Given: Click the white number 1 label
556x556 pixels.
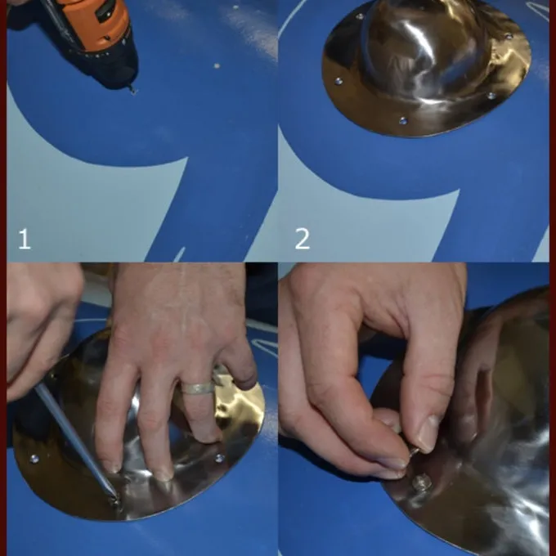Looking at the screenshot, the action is (x=24, y=239).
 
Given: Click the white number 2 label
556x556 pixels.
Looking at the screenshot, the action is (x=302, y=239).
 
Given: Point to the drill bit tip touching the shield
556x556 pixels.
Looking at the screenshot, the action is (x=133, y=92).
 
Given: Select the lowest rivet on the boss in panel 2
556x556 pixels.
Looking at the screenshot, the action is (x=403, y=121).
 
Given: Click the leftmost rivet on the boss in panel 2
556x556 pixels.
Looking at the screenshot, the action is (x=339, y=82).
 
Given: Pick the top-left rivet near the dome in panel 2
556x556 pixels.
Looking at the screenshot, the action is (x=360, y=16).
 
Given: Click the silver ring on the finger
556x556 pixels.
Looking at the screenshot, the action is (x=198, y=388).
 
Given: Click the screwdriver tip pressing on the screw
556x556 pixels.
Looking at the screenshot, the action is (x=115, y=497).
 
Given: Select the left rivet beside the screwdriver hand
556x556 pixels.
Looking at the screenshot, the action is (x=34, y=459).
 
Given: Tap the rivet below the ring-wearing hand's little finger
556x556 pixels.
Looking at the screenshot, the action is (x=219, y=458).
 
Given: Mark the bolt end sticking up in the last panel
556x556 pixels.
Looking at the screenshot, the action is (x=422, y=482).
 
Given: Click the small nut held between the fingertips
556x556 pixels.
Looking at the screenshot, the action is (x=414, y=451).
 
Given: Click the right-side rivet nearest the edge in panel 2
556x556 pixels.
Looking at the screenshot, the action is (x=491, y=96).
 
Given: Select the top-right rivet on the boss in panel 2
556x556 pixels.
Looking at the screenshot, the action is (x=508, y=36).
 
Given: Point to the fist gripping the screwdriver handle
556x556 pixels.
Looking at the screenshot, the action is (x=39, y=330).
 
